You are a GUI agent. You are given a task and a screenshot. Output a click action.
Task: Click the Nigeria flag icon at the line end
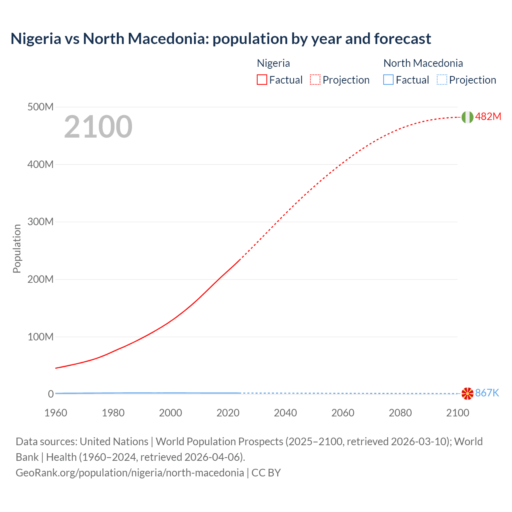467,117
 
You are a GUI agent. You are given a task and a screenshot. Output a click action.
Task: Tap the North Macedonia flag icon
467,394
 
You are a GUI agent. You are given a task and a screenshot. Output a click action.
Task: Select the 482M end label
488,117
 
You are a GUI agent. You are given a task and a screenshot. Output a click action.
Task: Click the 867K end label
487,393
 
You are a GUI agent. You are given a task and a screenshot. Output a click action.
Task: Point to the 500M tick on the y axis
40,107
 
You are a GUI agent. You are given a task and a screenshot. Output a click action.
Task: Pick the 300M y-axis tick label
40,222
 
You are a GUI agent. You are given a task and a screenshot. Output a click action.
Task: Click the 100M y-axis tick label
40,337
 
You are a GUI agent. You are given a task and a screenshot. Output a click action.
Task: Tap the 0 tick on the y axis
51,394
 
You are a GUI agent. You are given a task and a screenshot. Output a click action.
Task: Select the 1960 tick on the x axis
56,413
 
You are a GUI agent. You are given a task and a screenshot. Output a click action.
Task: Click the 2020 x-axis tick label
228,413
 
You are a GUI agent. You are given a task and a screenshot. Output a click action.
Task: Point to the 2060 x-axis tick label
343,413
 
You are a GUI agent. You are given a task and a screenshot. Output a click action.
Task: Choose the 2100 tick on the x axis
458,413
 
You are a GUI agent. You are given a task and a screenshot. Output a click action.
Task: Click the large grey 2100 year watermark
98,127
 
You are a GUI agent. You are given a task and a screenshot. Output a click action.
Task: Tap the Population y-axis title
17,248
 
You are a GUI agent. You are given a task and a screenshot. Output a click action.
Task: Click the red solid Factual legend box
262,80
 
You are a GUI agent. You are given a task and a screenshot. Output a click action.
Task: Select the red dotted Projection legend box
315,80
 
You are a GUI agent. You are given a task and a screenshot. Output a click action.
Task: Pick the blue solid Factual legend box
388,80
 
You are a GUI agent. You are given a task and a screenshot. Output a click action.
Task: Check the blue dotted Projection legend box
442,80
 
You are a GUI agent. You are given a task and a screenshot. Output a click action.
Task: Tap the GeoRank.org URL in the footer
130,473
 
